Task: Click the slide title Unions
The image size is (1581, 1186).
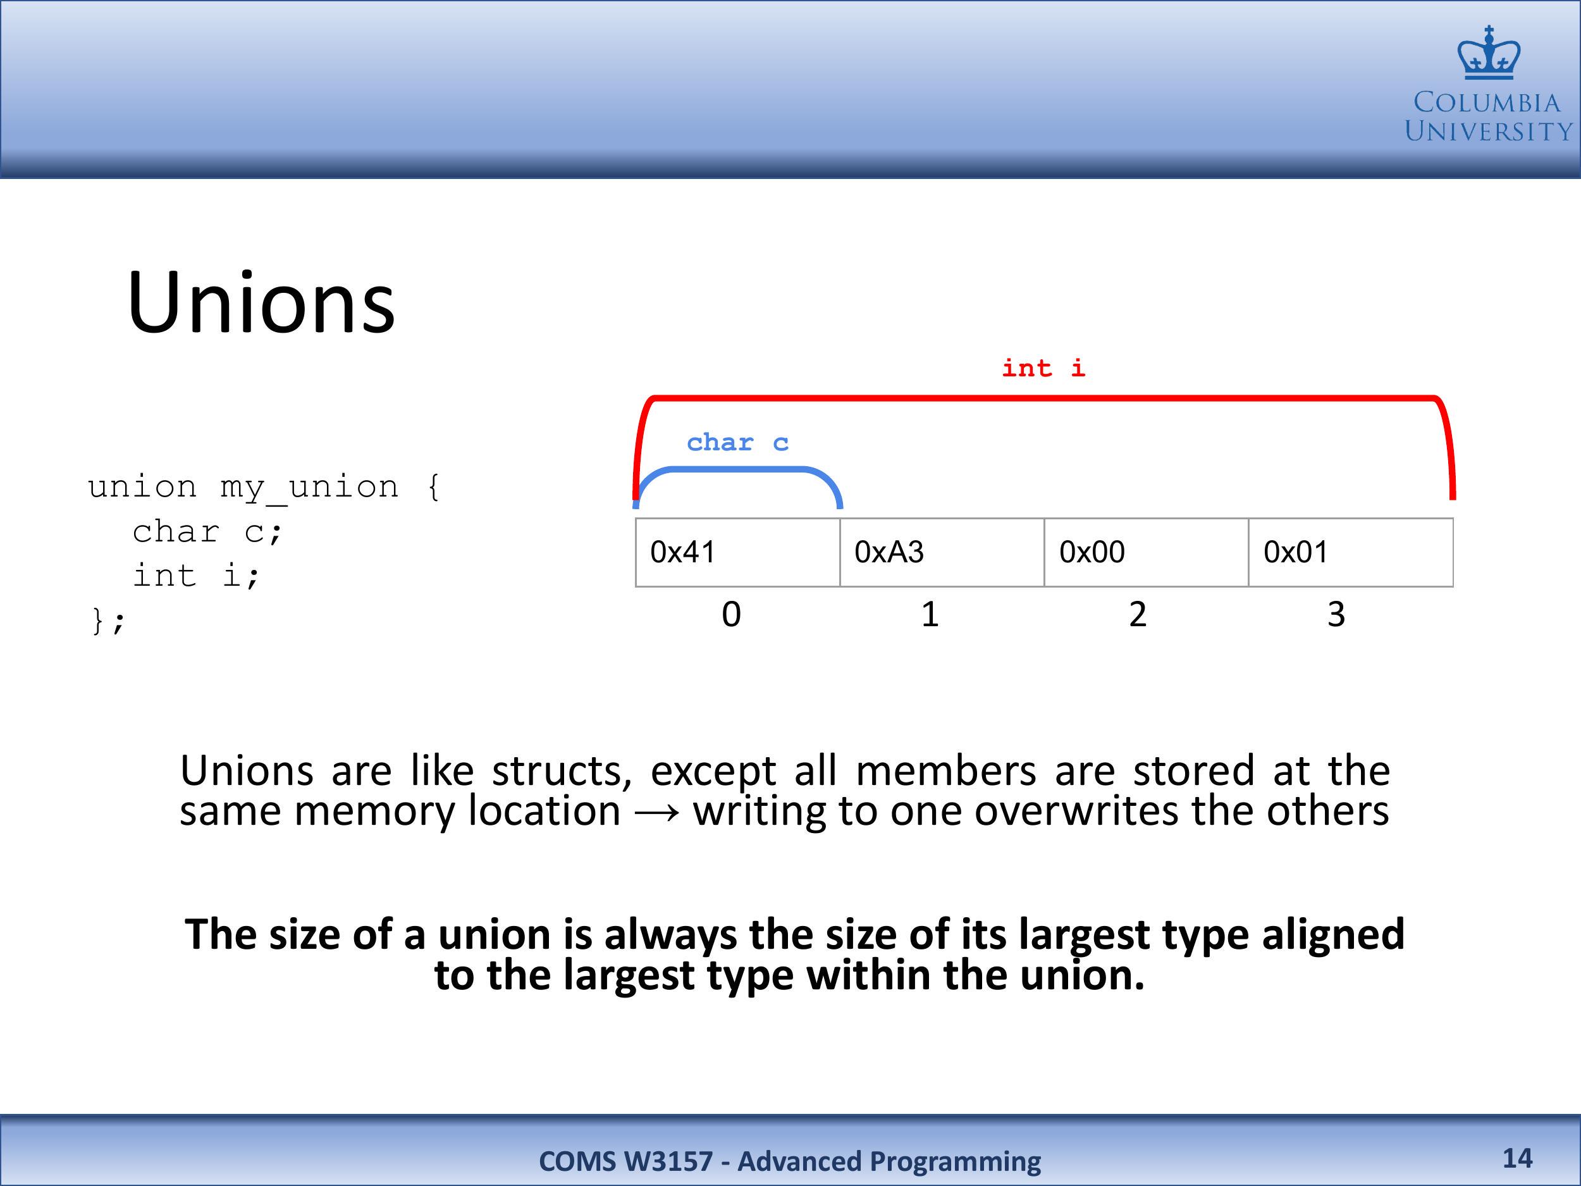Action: point(261,302)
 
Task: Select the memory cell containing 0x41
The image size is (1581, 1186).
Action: point(737,553)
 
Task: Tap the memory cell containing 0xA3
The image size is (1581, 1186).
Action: point(942,553)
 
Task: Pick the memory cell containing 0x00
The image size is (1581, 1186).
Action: point(1147,553)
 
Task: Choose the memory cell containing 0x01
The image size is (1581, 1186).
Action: point(1351,553)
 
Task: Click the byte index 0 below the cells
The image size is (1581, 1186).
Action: point(731,614)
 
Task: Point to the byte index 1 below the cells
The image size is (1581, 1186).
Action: point(930,614)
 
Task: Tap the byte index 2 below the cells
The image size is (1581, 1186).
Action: point(1138,614)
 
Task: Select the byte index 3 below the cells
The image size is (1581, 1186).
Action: point(1336,614)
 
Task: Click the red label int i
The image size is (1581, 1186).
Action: point(1043,368)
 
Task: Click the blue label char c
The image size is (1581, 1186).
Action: point(737,443)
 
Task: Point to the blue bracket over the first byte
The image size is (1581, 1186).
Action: point(737,471)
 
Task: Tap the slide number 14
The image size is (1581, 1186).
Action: point(1517,1158)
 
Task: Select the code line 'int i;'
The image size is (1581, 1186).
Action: point(197,576)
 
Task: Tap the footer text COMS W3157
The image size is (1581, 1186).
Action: point(626,1161)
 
